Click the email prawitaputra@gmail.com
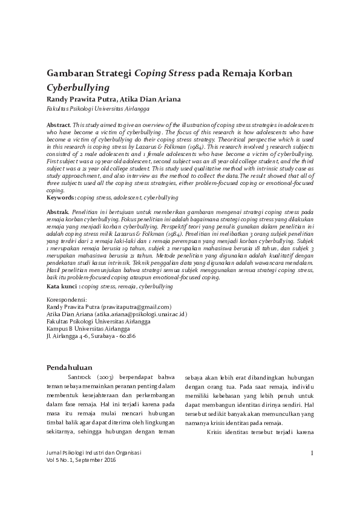click(x=137, y=307)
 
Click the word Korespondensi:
click(x=67, y=300)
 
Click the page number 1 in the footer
click(x=312, y=453)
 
